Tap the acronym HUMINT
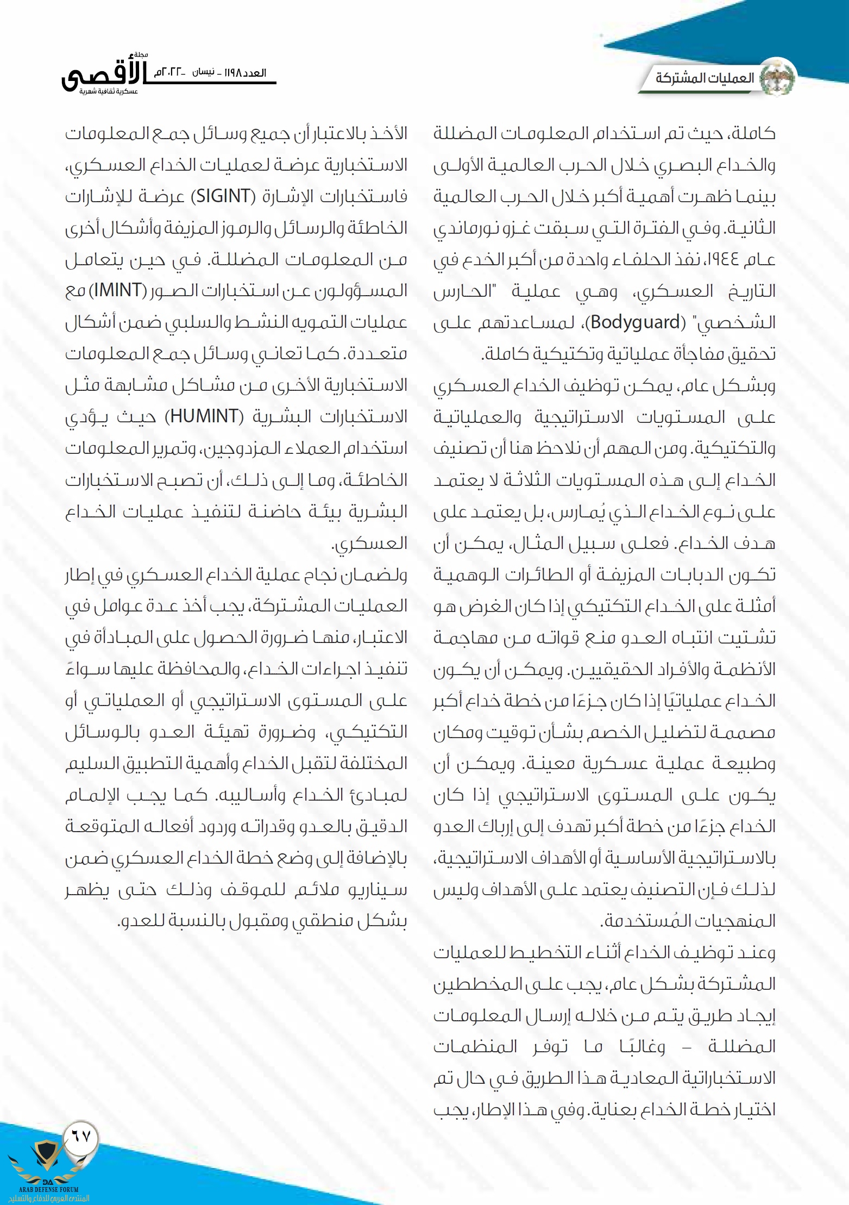(x=204, y=417)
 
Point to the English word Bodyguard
(x=635, y=322)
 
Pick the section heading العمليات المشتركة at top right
(x=705, y=78)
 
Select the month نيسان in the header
(x=204, y=73)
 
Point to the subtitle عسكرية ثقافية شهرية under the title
(x=109, y=92)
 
